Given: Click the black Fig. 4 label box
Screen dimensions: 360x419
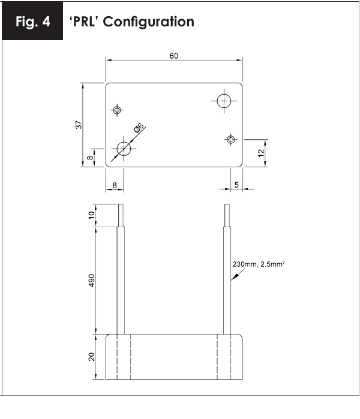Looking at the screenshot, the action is [x=32, y=21].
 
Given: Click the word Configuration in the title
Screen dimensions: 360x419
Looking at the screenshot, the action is [x=148, y=22].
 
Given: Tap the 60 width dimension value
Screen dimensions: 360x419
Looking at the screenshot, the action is [x=174, y=56].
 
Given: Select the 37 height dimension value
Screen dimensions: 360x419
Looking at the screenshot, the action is [x=79, y=125].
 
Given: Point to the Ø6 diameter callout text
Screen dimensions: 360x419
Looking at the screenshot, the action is [x=139, y=128].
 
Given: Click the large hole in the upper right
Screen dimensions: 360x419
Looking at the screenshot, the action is [x=224, y=101].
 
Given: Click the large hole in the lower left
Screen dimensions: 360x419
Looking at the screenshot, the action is [x=124, y=149].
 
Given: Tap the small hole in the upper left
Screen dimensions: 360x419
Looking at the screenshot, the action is [x=117, y=110].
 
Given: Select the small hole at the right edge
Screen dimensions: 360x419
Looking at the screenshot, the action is [x=231, y=140].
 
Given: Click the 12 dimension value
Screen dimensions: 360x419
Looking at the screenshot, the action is [x=261, y=153].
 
